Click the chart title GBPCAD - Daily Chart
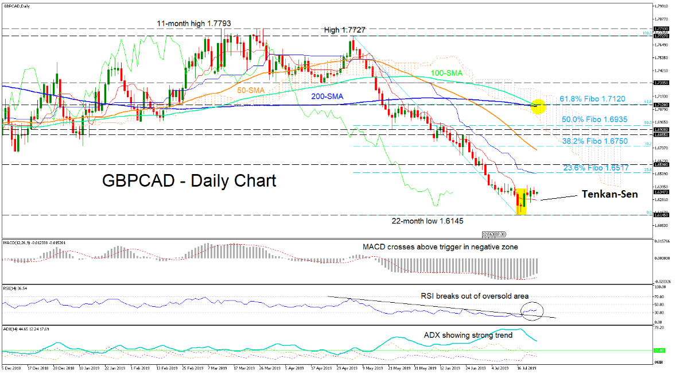click(189, 181)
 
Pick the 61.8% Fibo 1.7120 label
click(595, 99)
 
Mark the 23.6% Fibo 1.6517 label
click(595, 167)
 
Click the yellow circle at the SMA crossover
click(538, 106)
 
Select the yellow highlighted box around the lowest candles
click(521, 201)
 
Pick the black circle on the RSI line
click(533, 311)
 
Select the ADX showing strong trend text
click(465, 334)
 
